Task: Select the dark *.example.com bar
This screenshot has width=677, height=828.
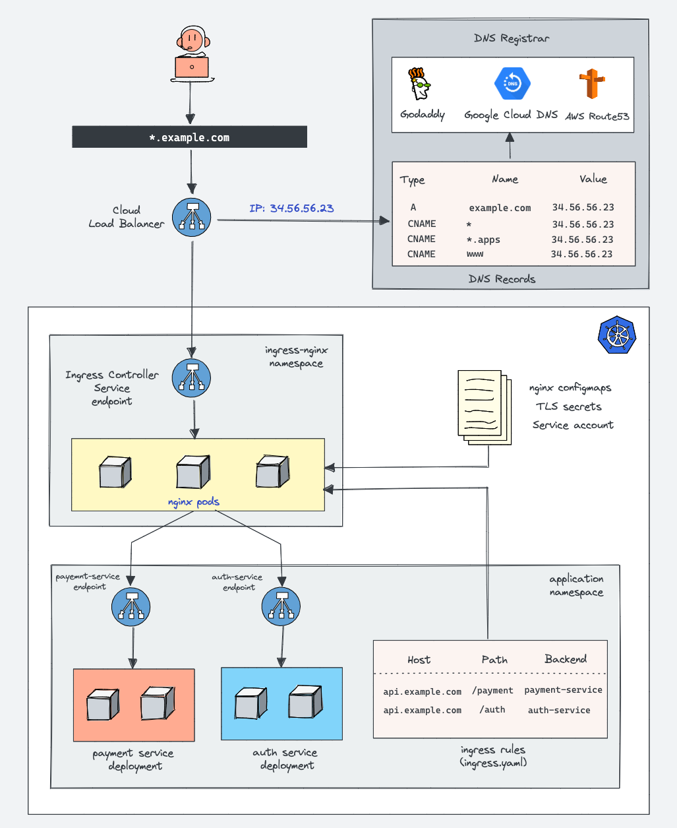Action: (189, 137)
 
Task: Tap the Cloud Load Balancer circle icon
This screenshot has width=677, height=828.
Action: (192, 218)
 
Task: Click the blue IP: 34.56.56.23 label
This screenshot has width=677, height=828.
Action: (291, 208)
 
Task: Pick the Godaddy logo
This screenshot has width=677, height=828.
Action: (419, 84)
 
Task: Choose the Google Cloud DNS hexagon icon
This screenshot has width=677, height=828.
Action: (512, 83)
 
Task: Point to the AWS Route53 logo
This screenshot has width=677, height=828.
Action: (592, 85)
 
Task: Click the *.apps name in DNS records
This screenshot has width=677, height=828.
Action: (483, 239)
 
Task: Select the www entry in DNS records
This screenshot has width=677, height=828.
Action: (475, 254)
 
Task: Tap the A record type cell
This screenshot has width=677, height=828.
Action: (413, 207)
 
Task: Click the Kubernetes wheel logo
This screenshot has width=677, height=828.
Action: (618, 334)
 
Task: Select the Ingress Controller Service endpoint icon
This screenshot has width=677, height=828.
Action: (192, 378)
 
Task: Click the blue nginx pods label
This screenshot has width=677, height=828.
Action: (193, 502)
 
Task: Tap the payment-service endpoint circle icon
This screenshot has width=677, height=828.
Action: (131, 607)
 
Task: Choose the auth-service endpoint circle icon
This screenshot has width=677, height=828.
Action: (281, 607)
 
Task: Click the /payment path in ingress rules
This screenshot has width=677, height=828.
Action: (492, 691)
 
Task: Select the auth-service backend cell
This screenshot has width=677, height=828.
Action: (559, 711)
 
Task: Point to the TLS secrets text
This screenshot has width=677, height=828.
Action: (568, 406)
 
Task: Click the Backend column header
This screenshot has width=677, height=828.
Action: (566, 659)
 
